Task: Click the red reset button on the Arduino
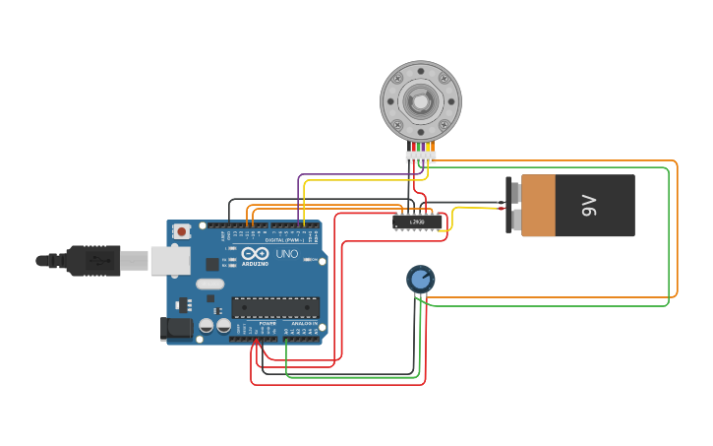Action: (182, 231)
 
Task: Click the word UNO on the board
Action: (286, 254)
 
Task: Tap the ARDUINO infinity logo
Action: (255, 253)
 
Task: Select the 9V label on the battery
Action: (588, 206)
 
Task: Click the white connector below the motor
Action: (420, 157)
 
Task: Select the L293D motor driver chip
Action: (417, 223)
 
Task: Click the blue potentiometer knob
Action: (421, 280)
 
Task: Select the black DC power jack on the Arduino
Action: (177, 328)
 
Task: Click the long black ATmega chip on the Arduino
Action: (275, 307)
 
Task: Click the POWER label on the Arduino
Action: (267, 323)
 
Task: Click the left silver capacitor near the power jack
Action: (207, 325)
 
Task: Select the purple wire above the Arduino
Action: (354, 175)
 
